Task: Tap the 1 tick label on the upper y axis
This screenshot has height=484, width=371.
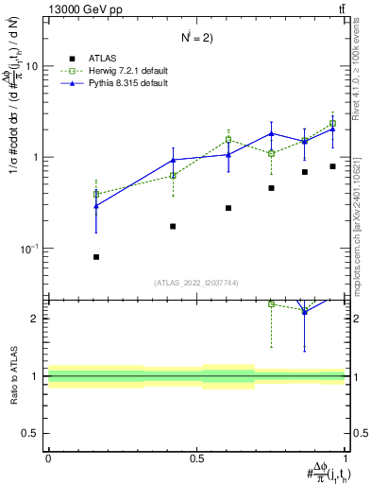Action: coord(36,157)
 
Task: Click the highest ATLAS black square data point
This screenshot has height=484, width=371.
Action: coord(333,166)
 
